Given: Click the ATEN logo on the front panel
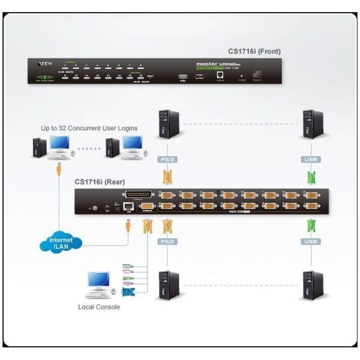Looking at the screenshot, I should pos(44,62).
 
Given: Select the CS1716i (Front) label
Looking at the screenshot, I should pos(254,52).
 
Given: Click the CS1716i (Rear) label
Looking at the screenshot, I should pos(99,182).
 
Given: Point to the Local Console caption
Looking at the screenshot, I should pos(99,307).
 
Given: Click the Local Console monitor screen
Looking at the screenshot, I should pos(98,280).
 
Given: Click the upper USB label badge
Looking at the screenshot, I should pos(311,160).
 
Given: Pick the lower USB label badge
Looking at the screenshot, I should pos(311,242).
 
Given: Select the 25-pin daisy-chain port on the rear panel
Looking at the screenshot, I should pos(138,195).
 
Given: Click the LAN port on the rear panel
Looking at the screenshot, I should pos(127,207).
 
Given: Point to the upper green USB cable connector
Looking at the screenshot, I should pos(311,178).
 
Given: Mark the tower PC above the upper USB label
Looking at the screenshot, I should pos(313,125).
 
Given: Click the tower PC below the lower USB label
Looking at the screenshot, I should pos(313,286).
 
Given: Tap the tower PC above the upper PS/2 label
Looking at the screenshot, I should pos(169,125).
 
